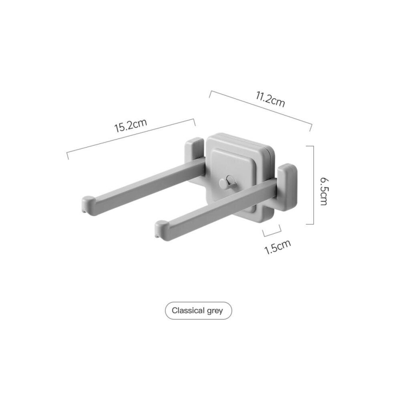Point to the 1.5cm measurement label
pos(277,247)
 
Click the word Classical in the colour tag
pos(186,310)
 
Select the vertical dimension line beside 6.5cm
pos(312,184)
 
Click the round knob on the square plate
pos(223,184)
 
